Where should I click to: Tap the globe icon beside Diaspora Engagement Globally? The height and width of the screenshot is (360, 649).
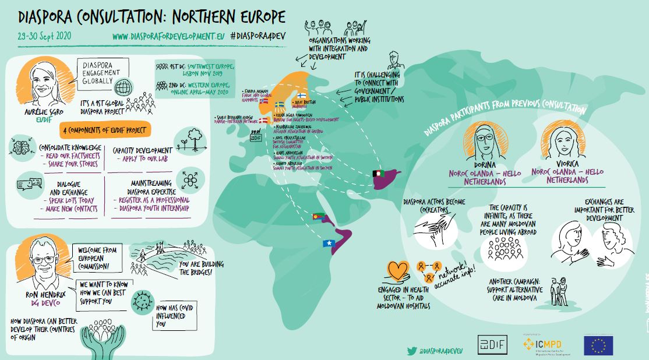coord(123,89)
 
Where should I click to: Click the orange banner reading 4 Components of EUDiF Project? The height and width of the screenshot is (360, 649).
coord(104,129)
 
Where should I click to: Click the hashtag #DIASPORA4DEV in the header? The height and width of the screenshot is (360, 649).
coord(258,35)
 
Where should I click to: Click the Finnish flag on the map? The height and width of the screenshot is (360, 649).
coord(302,95)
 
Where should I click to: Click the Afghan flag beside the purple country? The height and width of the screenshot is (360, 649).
coord(379,174)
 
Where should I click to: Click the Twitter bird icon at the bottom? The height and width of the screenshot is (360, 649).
coord(412,351)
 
